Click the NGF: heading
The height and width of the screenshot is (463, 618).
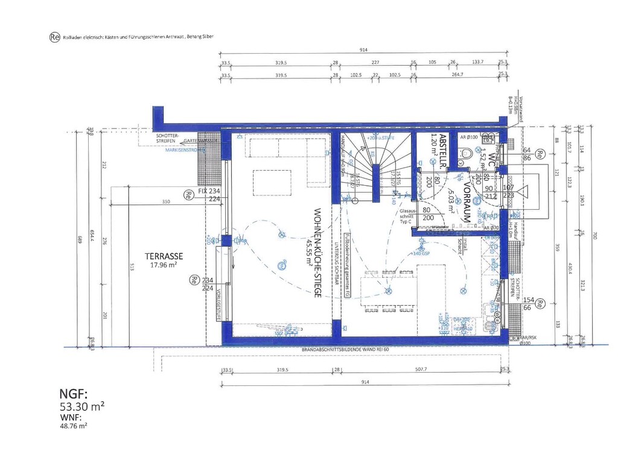pyautogui.click(x=74, y=394)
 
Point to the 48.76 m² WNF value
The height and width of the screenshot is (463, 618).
pyautogui.click(x=74, y=425)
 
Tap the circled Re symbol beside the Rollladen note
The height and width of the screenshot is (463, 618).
pyautogui.click(x=54, y=37)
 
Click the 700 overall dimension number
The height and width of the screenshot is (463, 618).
pyautogui.click(x=594, y=236)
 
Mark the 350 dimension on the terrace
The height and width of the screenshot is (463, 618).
pyautogui.click(x=165, y=202)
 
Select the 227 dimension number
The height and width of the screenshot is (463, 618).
pyautogui.click(x=375, y=61)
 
